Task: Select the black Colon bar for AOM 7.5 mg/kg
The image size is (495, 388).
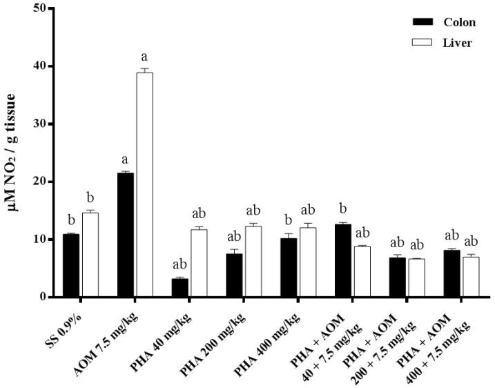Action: pos(125,235)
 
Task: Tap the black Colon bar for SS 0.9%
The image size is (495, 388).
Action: pos(71,265)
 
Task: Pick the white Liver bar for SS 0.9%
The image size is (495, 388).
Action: pos(90,255)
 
